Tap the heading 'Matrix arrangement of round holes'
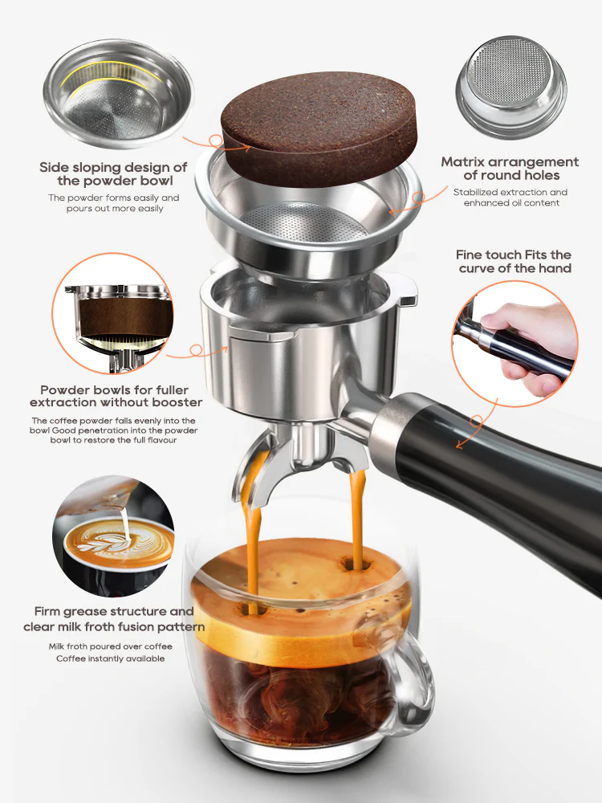[x=510, y=169]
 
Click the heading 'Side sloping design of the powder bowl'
[x=113, y=174]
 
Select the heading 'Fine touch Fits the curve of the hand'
[x=515, y=261]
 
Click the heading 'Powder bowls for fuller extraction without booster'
[x=116, y=394]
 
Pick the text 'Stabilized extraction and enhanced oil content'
[x=510, y=198]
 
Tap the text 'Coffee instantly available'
[x=110, y=658]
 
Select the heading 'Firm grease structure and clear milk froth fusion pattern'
[x=113, y=619]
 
